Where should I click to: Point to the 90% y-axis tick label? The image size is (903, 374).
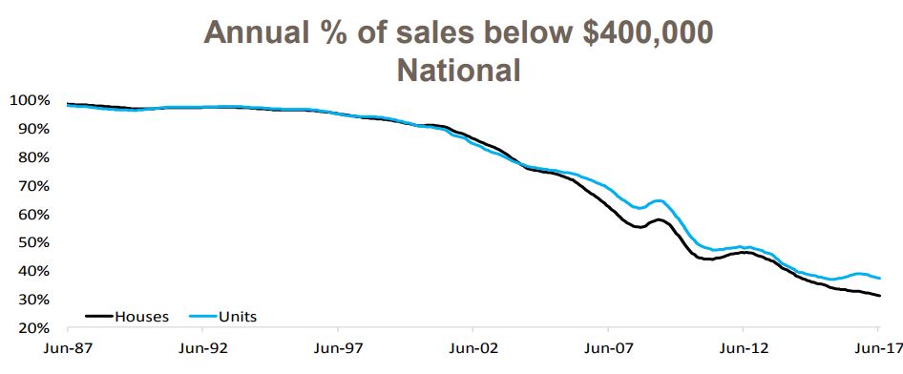point(31,129)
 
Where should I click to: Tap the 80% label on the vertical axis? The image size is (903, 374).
point(31,157)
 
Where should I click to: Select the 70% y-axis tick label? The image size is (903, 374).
point(31,186)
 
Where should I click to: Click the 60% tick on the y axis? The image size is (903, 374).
point(31,215)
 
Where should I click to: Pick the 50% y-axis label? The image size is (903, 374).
point(31,242)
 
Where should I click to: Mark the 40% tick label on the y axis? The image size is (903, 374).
point(31,271)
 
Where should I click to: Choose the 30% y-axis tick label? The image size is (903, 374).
point(31,300)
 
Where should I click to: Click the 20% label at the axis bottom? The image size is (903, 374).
point(31,328)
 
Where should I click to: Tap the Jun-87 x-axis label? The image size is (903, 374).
point(66,348)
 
